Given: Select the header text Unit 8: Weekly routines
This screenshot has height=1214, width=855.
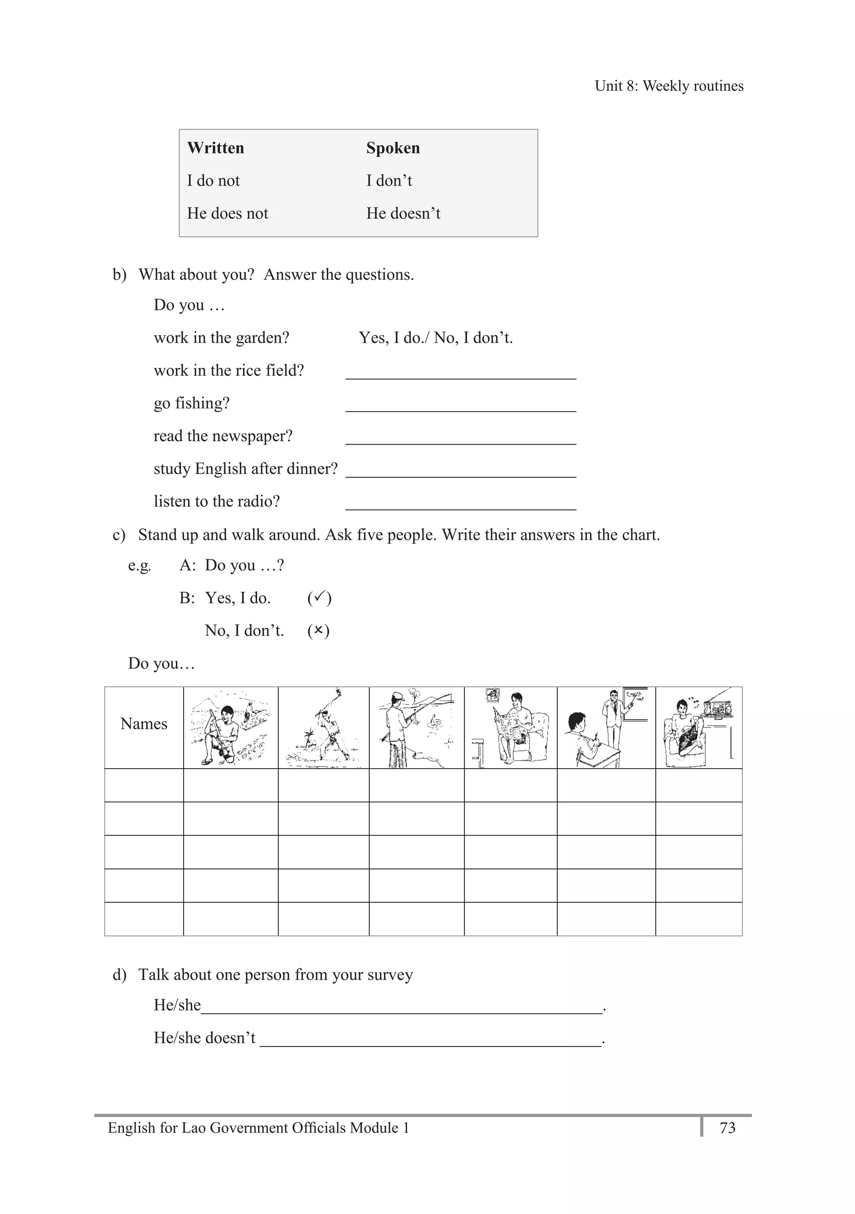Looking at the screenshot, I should (x=669, y=86).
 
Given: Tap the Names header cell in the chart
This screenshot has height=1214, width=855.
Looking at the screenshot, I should (x=144, y=723).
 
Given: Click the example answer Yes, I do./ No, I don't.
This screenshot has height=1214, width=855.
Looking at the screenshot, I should (x=436, y=338).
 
